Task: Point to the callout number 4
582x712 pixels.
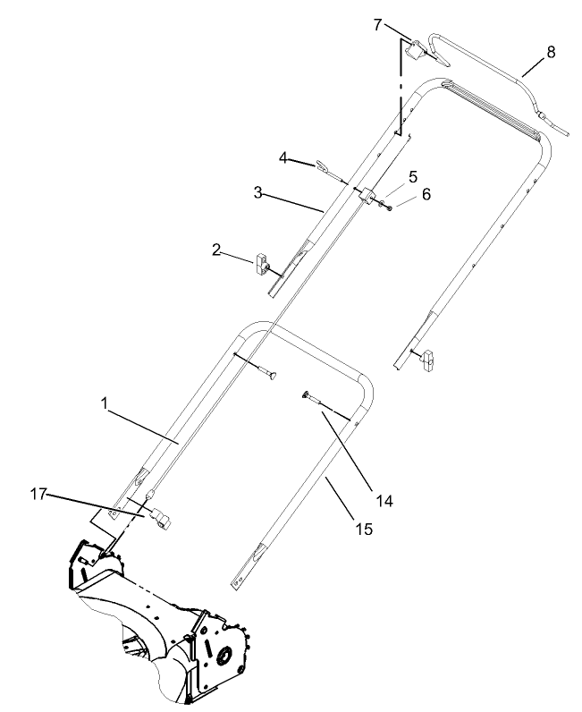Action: click(x=283, y=159)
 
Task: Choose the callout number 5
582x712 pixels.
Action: click(x=413, y=176)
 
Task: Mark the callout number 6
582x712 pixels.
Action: click(x=426, y=194)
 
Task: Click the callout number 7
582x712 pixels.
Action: click(x=379, y=23)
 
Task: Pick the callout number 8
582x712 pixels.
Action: click(x=550, y=52)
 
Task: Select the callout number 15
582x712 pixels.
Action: click(x=363, y=530)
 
